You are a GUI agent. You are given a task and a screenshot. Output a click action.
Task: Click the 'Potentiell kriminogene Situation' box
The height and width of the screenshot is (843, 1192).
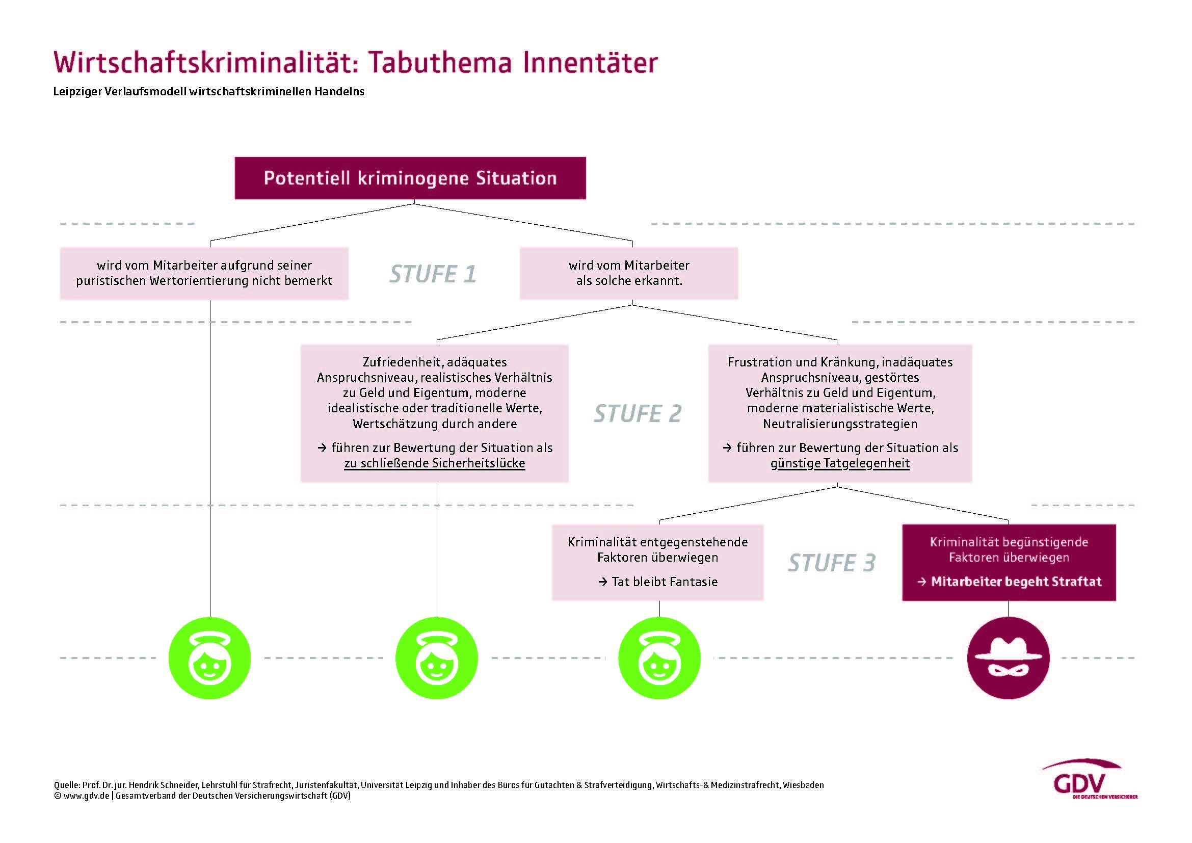click(410, 178)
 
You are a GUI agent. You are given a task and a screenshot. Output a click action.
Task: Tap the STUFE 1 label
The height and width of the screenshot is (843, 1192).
click(433, 274)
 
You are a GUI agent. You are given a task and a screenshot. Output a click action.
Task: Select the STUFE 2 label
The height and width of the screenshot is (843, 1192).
click(637, 414)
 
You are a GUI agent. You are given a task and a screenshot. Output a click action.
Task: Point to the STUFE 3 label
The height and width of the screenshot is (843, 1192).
click(831, 563)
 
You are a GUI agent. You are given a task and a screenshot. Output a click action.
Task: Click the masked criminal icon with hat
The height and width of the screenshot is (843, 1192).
click(1008, 657)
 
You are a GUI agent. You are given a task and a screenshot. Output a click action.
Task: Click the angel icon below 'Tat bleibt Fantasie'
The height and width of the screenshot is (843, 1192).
click(659, 657)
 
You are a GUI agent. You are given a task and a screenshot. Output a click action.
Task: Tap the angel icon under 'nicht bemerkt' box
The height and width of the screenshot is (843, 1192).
click(210, 657)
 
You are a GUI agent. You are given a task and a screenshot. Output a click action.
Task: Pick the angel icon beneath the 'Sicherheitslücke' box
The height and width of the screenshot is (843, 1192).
click(436, 657)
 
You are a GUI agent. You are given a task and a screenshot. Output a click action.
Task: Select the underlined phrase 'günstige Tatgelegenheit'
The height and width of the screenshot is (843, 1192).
click(839, 463)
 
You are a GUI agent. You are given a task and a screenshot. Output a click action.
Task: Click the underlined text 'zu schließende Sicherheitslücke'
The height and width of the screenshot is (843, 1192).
click(435, 463)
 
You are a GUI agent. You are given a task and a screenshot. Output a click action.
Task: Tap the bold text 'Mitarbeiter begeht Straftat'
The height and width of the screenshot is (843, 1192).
click(1016, 582)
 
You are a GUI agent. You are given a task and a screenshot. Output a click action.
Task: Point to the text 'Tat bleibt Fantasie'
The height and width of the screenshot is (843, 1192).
click(665, 582)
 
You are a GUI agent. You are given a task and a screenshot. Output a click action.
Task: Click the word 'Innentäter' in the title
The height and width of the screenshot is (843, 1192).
click(590, 63)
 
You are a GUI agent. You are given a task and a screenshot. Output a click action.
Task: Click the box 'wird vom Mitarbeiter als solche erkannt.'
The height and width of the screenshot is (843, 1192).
click(629, 273)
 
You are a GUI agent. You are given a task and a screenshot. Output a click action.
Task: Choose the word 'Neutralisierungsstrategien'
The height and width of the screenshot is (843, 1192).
click(839, 424)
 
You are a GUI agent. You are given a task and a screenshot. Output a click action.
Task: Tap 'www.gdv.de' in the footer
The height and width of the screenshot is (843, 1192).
click(86, 796)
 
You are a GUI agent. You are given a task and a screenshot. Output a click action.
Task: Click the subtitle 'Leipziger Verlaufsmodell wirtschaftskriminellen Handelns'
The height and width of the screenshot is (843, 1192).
click(209, 92)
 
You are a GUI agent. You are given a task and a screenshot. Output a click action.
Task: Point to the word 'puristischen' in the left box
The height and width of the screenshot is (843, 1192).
click(111, 281)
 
